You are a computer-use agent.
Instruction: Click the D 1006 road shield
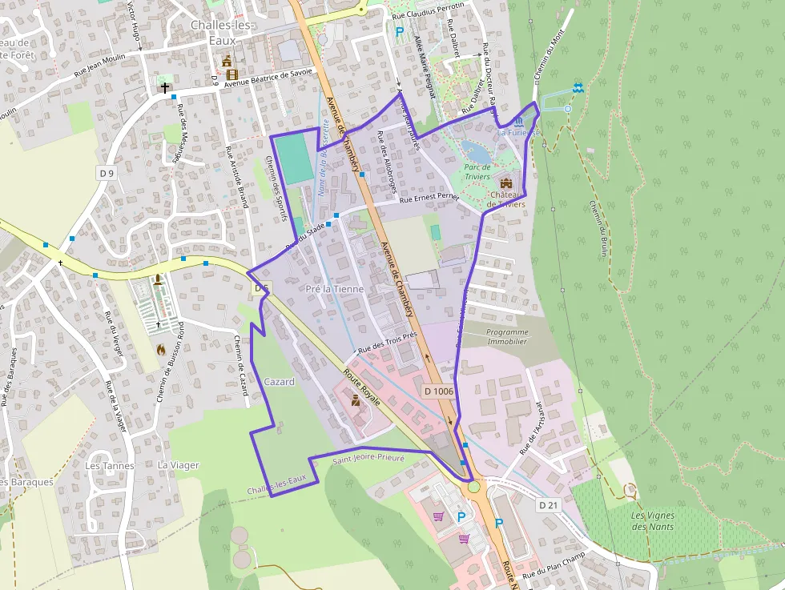pos(438,391)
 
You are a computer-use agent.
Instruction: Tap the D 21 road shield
pos(548,505)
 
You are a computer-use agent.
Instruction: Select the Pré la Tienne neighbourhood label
pos(335,288)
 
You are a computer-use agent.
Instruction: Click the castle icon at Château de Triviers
pos(505,183)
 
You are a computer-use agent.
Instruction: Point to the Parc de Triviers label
pos(478,171)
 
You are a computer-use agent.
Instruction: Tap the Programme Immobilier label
pos(507,336)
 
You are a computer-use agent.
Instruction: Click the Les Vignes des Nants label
pos(652,520)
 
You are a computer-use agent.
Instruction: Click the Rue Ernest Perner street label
pos(429,197)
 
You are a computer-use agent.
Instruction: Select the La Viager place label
pos(178,465)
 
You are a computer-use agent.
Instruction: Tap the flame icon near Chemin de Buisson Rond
pos(161,349)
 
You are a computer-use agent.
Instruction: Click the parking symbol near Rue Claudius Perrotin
pos(399,32)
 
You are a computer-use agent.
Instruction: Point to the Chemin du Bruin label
pos(598,229)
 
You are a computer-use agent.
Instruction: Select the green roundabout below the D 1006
pos(473,486)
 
